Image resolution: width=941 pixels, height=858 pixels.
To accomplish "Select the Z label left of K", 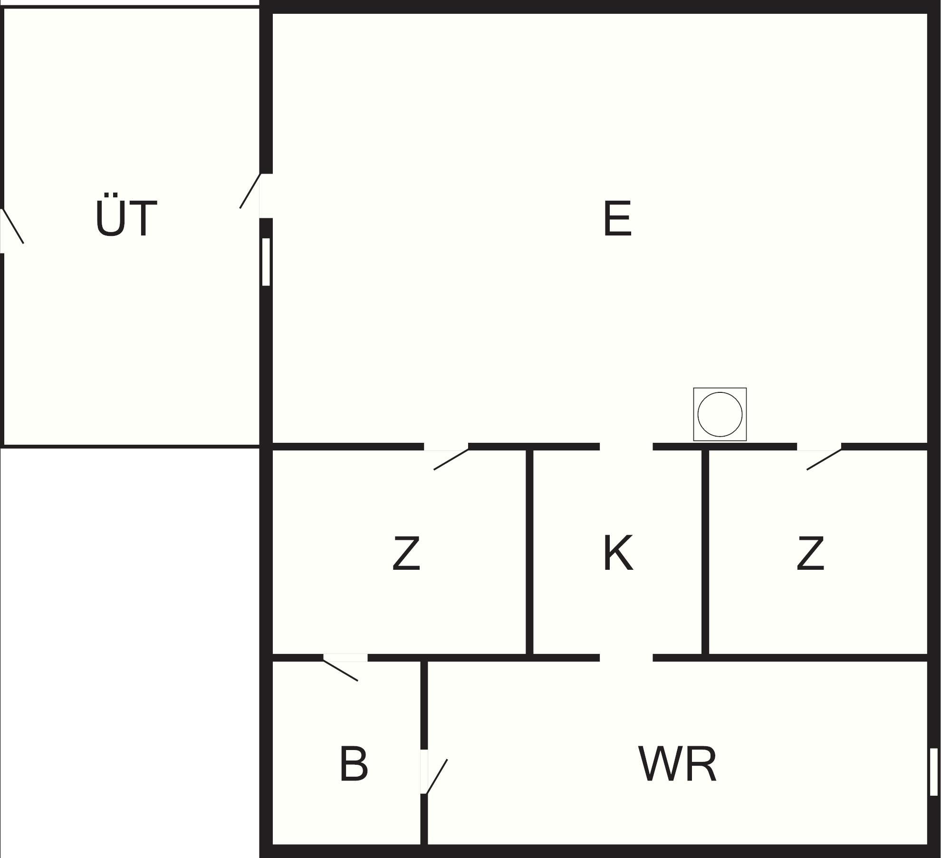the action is pos(406,553).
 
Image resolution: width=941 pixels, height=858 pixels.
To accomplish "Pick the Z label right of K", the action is pos(810,553).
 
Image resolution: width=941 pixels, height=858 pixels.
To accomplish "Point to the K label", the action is pos(618,553).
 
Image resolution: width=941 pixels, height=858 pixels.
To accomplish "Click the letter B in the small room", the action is pos(354,764).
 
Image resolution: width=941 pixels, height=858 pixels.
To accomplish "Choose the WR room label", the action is pos(677,764).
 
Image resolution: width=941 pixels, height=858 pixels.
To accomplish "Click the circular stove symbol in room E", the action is pos(720,414).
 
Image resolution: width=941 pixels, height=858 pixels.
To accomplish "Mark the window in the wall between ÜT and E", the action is pos(266,262).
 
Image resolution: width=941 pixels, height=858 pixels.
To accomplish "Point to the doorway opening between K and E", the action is pos(626,447).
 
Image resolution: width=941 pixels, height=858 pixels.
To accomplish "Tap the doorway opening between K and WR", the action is pos(626,658).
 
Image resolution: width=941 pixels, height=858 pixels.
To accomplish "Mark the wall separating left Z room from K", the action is pos(529,552).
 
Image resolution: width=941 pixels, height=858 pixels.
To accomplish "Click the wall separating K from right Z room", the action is pos(705,552).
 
